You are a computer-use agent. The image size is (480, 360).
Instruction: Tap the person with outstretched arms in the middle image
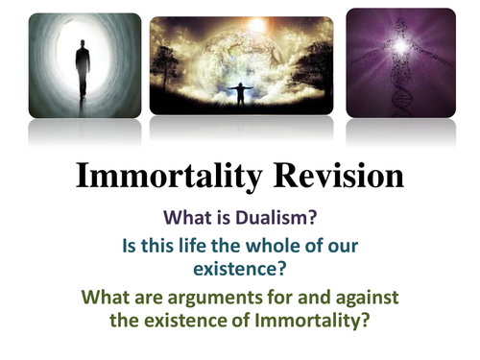(240, 95)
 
